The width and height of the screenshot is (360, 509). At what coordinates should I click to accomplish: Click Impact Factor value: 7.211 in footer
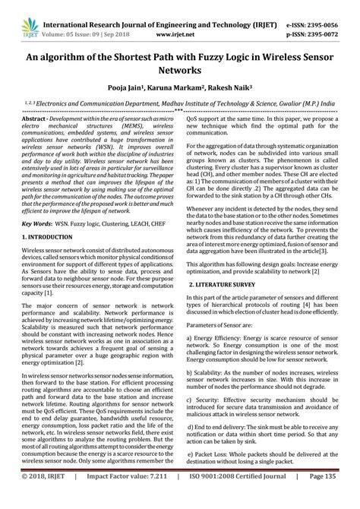pyautogui.click(x=125, y=501)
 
